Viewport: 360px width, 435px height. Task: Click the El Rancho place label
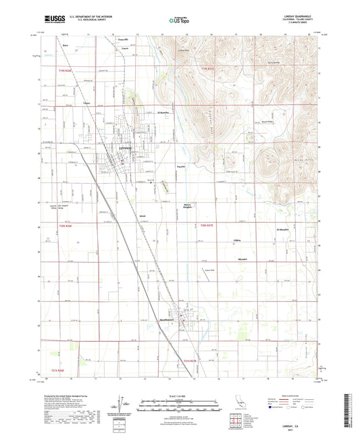(x=163, y=111)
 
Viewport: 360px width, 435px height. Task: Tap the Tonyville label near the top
(x=122, y=41)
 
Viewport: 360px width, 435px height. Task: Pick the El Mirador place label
(x=284, y=230)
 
